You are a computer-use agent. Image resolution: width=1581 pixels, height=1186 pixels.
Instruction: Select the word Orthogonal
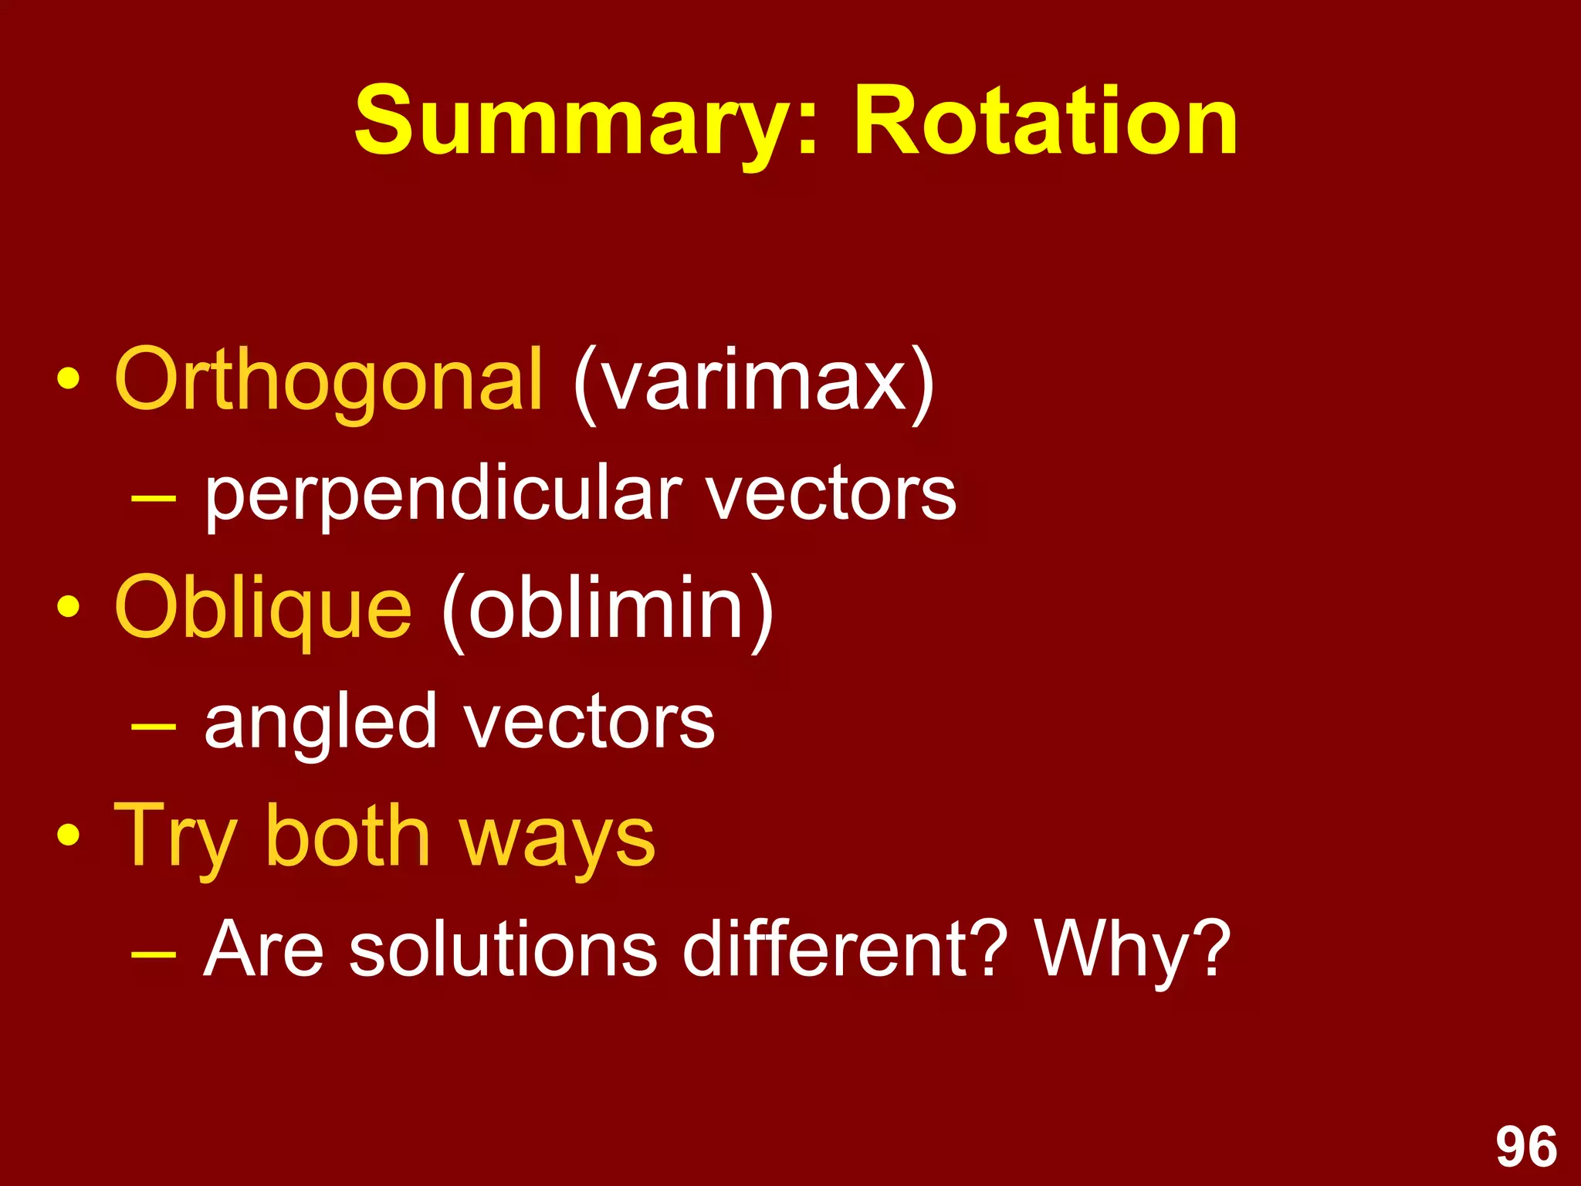(x=329, y=381)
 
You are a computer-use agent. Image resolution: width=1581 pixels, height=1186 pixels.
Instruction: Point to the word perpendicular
(x=443, y=496)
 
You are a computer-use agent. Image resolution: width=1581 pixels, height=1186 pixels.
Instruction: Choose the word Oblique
(x=263, y=610)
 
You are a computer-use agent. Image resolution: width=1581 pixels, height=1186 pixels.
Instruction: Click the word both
(x=347, y=836)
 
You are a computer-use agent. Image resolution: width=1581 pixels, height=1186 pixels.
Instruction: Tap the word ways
(x=557, y=842)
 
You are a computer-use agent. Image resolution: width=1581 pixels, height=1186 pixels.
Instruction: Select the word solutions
(x=503, y=949)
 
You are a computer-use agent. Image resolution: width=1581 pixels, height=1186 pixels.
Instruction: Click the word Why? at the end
(x=1132, y=949)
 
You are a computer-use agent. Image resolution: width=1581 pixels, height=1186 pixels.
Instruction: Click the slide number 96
(x=1526, y=1147)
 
